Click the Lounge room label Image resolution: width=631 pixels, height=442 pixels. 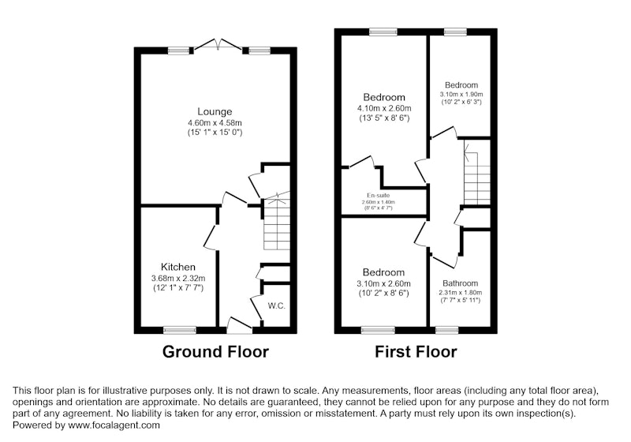pos(215,111)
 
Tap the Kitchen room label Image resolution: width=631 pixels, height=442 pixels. pos(178,267)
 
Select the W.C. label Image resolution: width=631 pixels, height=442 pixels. pos(277,305)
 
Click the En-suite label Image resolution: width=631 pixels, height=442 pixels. pos(379,195)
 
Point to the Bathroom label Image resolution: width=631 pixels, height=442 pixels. pos(461,283)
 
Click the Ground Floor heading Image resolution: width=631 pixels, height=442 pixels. pos(215,351)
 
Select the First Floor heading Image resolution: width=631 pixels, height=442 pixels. pos(416,351)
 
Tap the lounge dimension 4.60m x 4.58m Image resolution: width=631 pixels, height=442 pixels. pos(215,122)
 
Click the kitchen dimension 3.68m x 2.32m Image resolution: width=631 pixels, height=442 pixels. pos(178,278)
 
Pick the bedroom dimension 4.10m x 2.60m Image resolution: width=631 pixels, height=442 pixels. pos(384,108)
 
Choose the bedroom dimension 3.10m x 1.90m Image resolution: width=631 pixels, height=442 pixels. pos(461,94)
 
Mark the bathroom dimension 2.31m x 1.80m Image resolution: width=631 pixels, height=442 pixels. pos(461,293)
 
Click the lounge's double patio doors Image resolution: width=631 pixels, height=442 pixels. pos(218,44)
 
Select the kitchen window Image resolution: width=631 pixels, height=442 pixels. pos(180,330)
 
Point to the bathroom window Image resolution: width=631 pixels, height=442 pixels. pos(447,330)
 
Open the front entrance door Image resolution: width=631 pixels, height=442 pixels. pos(240,325)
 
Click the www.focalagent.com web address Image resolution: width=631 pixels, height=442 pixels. pos(114,425)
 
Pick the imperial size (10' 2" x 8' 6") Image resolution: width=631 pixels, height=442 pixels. pos(384,293)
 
